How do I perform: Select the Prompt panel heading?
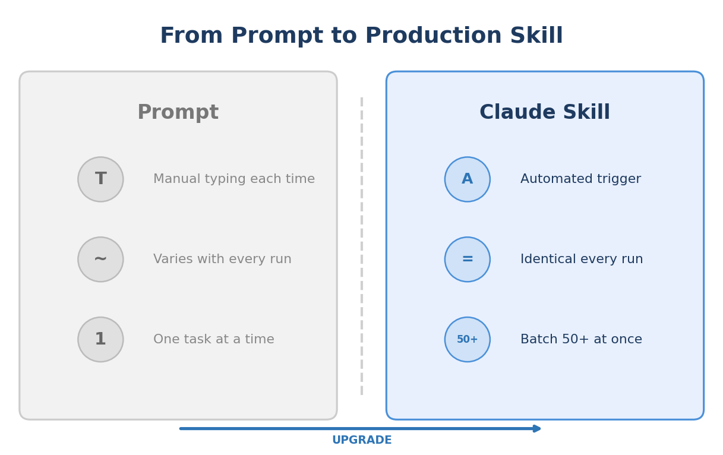click(x=178, y=113)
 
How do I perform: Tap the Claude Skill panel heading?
click(x=544, y=113)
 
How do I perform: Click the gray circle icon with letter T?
click(x=100, y=179)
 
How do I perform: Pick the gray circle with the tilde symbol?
click(x=100, y=260)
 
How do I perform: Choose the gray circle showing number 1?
click(x=100, y=340)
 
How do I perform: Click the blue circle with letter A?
click(x=467, y=179)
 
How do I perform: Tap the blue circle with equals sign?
click(x=467, y=260)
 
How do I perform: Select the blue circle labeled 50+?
click(x=467, y=340)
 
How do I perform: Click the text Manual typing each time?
click(x=234, y=179)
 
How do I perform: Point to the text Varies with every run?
click(x=222, y=260)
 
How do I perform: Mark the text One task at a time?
click(x=214, y=340)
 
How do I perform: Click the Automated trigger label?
click(x=580, y=179)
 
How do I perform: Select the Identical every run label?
click(x=582, y=260)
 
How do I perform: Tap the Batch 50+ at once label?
click(x=581, y=340)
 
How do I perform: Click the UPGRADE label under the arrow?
click(x=361, y=441)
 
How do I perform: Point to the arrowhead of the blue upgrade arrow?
click(x=537, y=428)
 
